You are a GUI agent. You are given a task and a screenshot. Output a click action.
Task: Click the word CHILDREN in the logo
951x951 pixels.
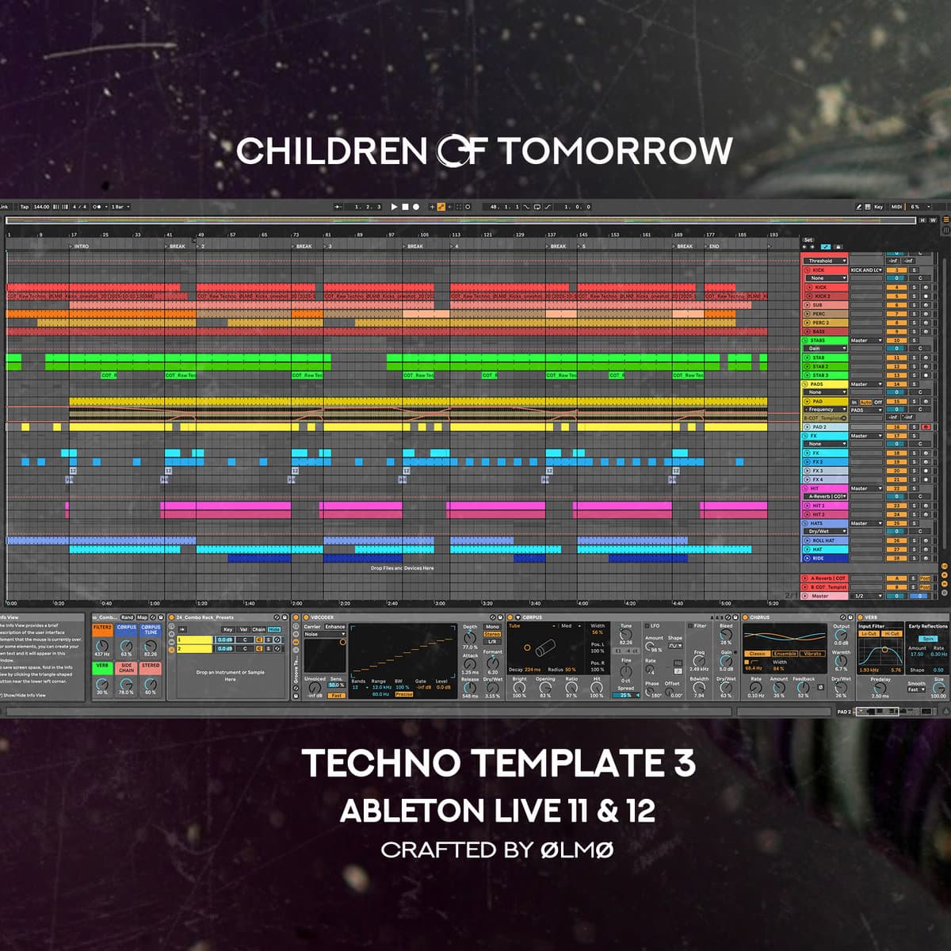tap(331, 151)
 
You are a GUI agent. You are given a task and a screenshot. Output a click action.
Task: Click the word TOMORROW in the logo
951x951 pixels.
tap(615, 151)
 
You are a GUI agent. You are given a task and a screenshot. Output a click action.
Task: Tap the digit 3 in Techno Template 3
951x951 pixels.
tap(682, 763)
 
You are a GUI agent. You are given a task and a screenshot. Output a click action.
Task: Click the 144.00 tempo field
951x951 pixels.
tap(41, 207)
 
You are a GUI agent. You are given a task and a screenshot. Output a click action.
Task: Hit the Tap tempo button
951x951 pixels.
tap(25, 207)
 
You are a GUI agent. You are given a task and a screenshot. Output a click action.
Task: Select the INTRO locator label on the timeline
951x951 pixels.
tap(82, 246)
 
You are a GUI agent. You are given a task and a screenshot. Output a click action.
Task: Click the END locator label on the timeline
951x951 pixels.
tap(714, 246)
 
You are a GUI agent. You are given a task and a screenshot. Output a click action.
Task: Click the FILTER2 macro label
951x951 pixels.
tap(102, 628)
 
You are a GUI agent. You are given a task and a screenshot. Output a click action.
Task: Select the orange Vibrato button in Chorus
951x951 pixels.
tap(812, 654)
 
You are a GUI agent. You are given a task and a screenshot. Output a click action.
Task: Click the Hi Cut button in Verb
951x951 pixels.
tap(892, 634)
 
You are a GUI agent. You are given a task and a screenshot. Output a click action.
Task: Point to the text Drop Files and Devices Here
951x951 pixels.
tap(402, 568)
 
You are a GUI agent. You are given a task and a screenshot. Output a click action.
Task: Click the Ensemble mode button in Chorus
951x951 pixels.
tap(785, 654)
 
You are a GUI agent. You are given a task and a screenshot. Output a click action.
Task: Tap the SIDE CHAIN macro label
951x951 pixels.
tap(126, 668)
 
